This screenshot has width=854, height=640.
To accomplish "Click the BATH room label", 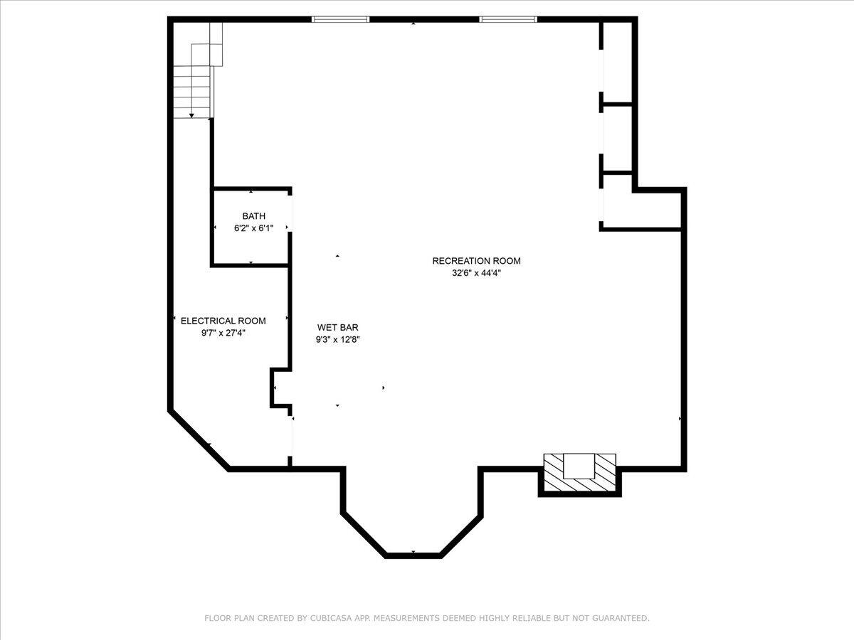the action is (x=253, y=216).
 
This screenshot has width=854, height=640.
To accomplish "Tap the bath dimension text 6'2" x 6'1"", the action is (x=253, y=228).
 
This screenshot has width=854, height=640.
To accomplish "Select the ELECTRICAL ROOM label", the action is (x=223, y=321).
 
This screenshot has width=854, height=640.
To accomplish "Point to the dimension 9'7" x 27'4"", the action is (x=223, y=333).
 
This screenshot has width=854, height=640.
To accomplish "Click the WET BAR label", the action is (x=337, y=328).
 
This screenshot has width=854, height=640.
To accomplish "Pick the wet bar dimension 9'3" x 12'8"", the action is (x=337, y=340).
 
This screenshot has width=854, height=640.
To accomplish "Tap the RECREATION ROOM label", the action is (x=476, y=261).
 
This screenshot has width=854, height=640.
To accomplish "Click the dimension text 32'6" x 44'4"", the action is (x=476, y=273).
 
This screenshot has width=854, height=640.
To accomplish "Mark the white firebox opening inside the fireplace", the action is (x=579, y=466).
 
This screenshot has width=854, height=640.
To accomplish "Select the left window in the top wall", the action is (x=340, y=19).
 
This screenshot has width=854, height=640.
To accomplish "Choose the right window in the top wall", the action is (x=508, y=19).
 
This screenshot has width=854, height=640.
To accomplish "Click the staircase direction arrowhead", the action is (x=191, y=115).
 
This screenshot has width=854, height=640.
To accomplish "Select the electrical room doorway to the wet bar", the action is (x=290, y=436).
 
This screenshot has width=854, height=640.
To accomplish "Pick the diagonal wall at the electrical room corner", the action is (x=199, y=441).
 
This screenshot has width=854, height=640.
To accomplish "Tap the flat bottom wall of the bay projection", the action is (x=413, y=555).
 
